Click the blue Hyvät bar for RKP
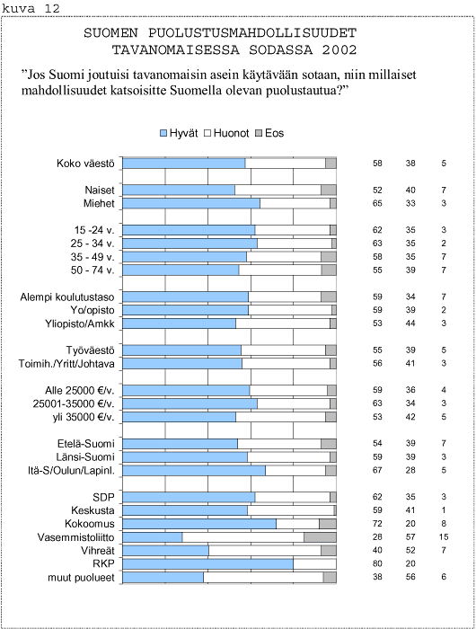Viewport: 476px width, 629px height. pos(207,564)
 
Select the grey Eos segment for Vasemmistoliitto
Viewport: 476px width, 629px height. pos(320,537)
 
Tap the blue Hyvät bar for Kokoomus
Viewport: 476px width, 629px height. pos(199,524)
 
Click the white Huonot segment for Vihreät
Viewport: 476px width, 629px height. pos(265,551)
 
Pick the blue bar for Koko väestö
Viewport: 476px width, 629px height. pos(183,164)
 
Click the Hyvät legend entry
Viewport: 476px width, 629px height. pos(179,133)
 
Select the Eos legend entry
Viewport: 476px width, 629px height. pos(269,133)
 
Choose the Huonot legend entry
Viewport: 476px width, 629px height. pos(226,133)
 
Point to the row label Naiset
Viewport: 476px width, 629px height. pos(100,190)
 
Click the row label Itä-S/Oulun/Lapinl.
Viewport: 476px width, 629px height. pos(71,471)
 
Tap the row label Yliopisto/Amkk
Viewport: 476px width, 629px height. pos(80,323)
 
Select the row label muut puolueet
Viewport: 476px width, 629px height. pos(81,578)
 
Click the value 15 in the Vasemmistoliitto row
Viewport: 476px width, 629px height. pos(444,536)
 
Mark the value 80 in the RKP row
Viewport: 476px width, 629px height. pos(377,563)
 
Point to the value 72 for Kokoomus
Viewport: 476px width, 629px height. pos(377,524)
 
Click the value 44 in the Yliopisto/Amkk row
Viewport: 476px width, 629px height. pos(410,323)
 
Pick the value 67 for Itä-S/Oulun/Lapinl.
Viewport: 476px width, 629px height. pos(377,470)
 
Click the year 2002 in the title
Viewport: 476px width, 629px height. pos(339,50)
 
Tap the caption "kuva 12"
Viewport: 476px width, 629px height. pos(31,9)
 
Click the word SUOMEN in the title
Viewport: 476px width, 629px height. pos(110,33)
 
